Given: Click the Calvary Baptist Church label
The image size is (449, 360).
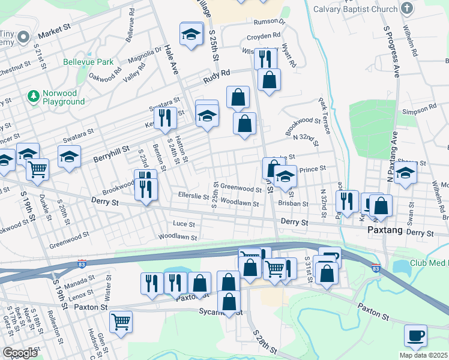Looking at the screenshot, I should [x=360, y=9].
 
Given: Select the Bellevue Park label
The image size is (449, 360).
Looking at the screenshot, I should [x=88, y=62].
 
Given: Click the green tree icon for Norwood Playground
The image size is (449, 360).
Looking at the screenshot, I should [x=33, y=95].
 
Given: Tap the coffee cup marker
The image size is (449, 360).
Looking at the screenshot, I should [x=415, y=335].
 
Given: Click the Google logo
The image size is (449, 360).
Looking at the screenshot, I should [x=20, y=353].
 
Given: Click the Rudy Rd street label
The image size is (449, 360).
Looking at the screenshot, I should [x=217, y=74].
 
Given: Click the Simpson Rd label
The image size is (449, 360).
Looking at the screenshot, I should [x=420, y=109].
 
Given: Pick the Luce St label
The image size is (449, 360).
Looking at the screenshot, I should [x=184, y=224].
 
